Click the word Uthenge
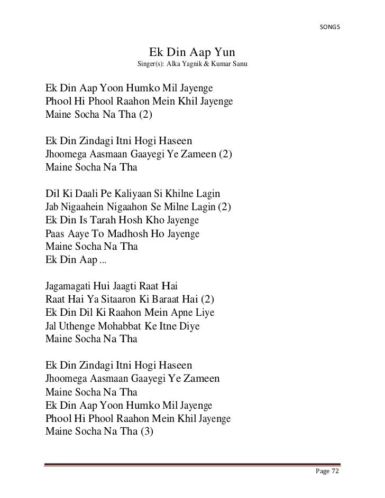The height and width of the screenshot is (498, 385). pos(81,326)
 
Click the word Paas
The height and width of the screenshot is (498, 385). pos(57,233)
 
